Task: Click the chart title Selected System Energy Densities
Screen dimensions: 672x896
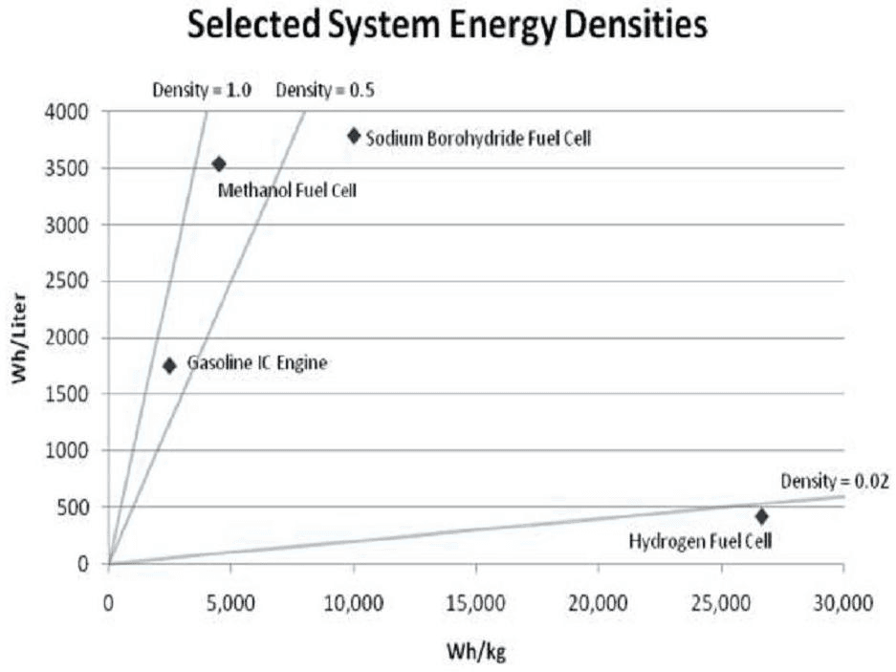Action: (x=448, y=26)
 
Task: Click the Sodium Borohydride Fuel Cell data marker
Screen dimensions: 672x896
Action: (x=354, y=136)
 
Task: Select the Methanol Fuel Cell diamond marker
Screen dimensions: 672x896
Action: (x=219, y=163)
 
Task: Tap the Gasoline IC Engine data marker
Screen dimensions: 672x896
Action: (x=170, y=365)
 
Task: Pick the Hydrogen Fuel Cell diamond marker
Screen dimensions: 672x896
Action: (x=761, y=516)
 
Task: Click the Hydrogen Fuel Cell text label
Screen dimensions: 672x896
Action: (x=700, y=541)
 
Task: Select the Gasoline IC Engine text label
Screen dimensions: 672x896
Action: (x=257, y=363)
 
